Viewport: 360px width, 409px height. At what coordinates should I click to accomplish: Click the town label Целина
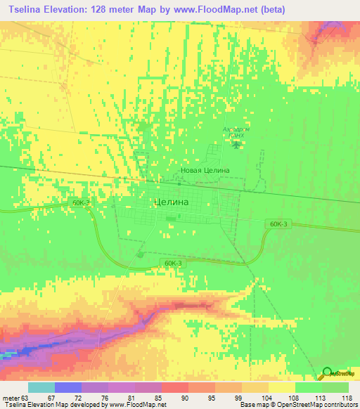[x=171, y=202]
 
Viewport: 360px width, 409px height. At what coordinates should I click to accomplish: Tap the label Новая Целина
[x=205, y=171]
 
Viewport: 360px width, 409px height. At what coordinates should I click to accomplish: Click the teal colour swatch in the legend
[x=41, y=387]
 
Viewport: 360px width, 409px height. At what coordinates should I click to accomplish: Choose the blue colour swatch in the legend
[x=68, y=387]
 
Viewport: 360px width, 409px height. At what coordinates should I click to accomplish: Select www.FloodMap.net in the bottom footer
[x=137, y=405]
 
